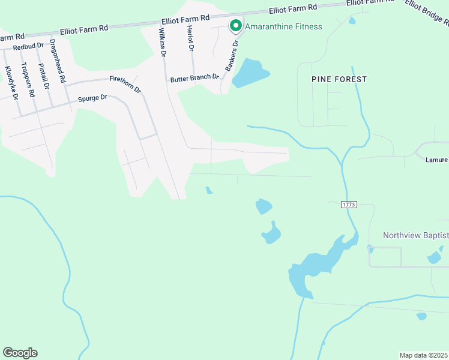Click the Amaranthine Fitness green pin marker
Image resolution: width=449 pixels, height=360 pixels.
(235, 26)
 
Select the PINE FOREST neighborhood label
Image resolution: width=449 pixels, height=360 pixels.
(339, 79)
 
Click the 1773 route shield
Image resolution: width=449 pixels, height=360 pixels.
(349, 205)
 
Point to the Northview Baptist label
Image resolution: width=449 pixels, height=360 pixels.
(415, 235)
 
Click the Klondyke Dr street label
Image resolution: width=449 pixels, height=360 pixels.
(12, 83)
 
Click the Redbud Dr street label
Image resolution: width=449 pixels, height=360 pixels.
(28, 46)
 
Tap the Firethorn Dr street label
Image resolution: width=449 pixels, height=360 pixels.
(125, 84)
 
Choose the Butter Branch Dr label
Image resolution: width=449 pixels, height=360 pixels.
(194, 78)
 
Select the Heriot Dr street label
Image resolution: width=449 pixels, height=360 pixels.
(191, 38)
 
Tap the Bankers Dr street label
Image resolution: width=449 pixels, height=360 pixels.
(232, 55)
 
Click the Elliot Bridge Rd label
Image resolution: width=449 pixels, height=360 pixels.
(426, 12)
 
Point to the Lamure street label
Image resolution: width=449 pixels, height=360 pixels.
(437, 160)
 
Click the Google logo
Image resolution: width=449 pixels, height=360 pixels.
(20, 353)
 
